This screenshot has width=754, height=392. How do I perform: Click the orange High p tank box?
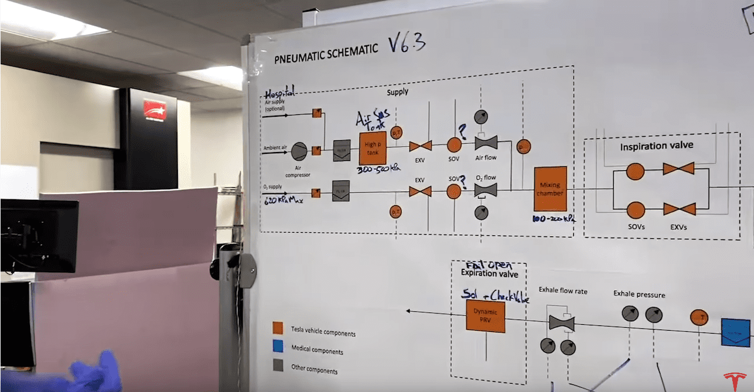pyautogui.click(x=372, y=148)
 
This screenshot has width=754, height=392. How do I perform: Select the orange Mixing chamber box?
pyautogui.click(x=550, y=189)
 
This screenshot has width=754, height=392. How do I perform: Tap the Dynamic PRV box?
pyautogui.click(x=485, y=316)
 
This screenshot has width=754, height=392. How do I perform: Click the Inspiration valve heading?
pyautogui.click(x=656, y=146)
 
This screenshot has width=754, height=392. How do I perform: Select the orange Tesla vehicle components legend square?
pyautogui.click(x=278, y=328)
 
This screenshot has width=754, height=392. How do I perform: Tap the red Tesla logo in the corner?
pyautogui.click(x=734, y=379)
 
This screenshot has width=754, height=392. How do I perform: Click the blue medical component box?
pyautogui.click(x=736, y=332)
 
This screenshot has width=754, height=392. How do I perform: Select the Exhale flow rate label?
pyautogui.click(x=563, y=291)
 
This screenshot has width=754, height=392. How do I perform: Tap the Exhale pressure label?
pyautogui.click(x=639, y=294)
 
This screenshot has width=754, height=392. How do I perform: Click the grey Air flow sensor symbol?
pyautogui.click(x=486, y=143)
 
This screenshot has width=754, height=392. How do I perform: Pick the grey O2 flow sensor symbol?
pyautogui.click(x=485, y=190)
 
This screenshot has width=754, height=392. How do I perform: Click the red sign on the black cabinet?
pyautogui.click(x=154, y=109)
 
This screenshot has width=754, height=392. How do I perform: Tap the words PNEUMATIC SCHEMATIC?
pyautogui.click(x=326, y=53)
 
